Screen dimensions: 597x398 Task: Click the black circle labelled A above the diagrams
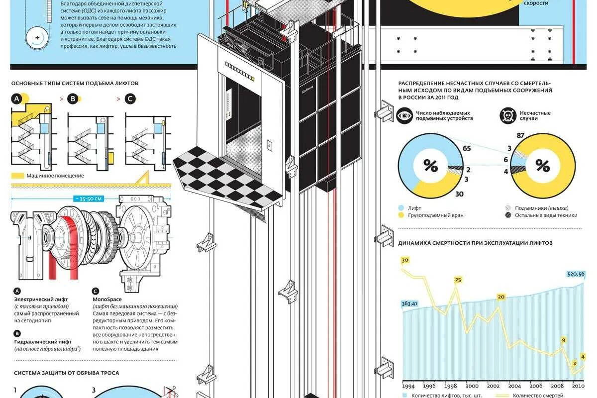coord(17,99)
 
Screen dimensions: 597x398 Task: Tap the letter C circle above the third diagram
coord(130,99)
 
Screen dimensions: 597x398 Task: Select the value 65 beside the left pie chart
coord(467,148)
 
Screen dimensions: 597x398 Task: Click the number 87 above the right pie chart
coord(521,136)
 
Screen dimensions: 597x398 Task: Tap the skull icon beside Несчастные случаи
coord(508,116)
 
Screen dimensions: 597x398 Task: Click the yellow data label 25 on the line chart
coord(458,280)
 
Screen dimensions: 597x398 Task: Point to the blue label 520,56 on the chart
coord(576,274)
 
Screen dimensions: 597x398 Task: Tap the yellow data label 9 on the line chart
coord(564,340)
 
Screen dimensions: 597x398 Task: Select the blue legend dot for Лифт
coord(401,208)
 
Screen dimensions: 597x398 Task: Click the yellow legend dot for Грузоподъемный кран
coord(401,215)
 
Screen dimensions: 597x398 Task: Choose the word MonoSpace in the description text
coord(107,299)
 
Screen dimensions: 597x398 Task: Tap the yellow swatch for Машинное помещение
coord(18,176)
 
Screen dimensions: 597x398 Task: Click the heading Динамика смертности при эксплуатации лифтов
coord(475,243)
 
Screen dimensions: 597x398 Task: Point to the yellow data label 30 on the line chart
coord(404,260)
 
